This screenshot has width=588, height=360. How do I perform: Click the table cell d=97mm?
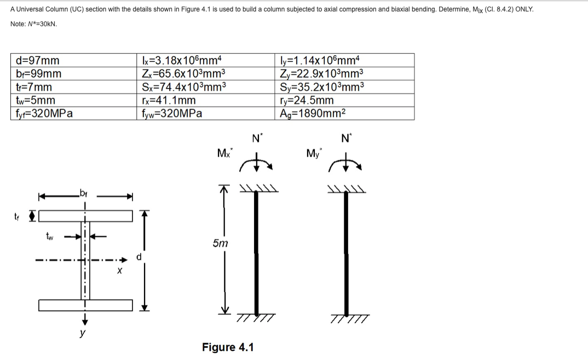(38, 60)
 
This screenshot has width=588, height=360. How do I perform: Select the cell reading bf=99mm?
(39, 73)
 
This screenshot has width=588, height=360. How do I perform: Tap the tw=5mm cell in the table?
(36, 100)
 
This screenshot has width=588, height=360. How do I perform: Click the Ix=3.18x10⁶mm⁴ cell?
(181, 60)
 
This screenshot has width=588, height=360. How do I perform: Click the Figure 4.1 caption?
(228, 347)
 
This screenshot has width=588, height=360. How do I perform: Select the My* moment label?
(314, 153)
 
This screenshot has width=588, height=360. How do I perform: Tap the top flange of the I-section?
(86, 216)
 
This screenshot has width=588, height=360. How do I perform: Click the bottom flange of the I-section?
(86, 305)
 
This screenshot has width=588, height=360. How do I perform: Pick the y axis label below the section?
(82, 333)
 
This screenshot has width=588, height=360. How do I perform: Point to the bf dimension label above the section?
(84, 192)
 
